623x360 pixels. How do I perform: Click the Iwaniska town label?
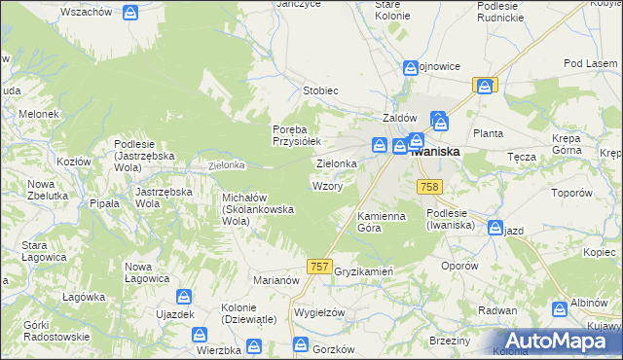(x=434, y=152)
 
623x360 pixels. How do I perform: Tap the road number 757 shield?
(x=318, y=266)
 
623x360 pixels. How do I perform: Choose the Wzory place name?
(x=326, y=186)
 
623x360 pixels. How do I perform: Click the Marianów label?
(x=276, y=279)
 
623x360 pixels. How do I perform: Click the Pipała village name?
(x=104, y=203)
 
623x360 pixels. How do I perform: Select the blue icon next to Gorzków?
(x=302, y=345)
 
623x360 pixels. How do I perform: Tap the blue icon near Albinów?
(x=560, y=309)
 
